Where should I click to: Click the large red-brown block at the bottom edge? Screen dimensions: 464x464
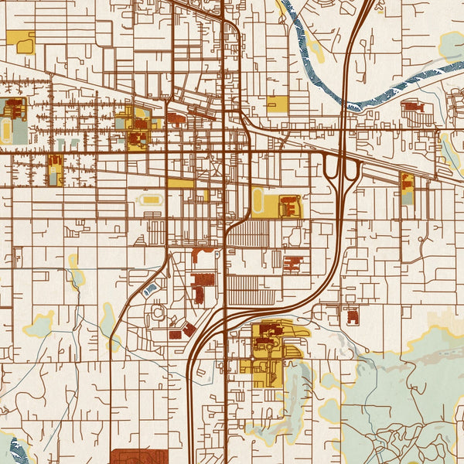point(139,456)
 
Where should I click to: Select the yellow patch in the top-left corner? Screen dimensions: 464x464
point(21,41)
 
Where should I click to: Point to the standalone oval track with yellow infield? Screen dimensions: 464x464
point(149,200)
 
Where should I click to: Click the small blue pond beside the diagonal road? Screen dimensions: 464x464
point(151,289)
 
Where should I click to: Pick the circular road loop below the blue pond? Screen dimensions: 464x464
point(159,313)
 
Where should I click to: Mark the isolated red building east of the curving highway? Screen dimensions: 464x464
point(353,316)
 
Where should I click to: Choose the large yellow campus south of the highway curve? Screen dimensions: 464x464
point(267,352)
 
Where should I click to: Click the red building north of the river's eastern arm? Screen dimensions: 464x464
point(411,106)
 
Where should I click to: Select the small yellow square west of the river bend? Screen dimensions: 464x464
point(277,104)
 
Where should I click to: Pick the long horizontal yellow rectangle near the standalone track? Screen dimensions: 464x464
point(181,183)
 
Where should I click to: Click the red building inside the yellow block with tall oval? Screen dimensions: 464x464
point(290,206)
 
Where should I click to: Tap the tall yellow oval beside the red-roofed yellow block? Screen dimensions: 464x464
point(257,201)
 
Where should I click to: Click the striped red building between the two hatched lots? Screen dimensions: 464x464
point(294,264)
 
